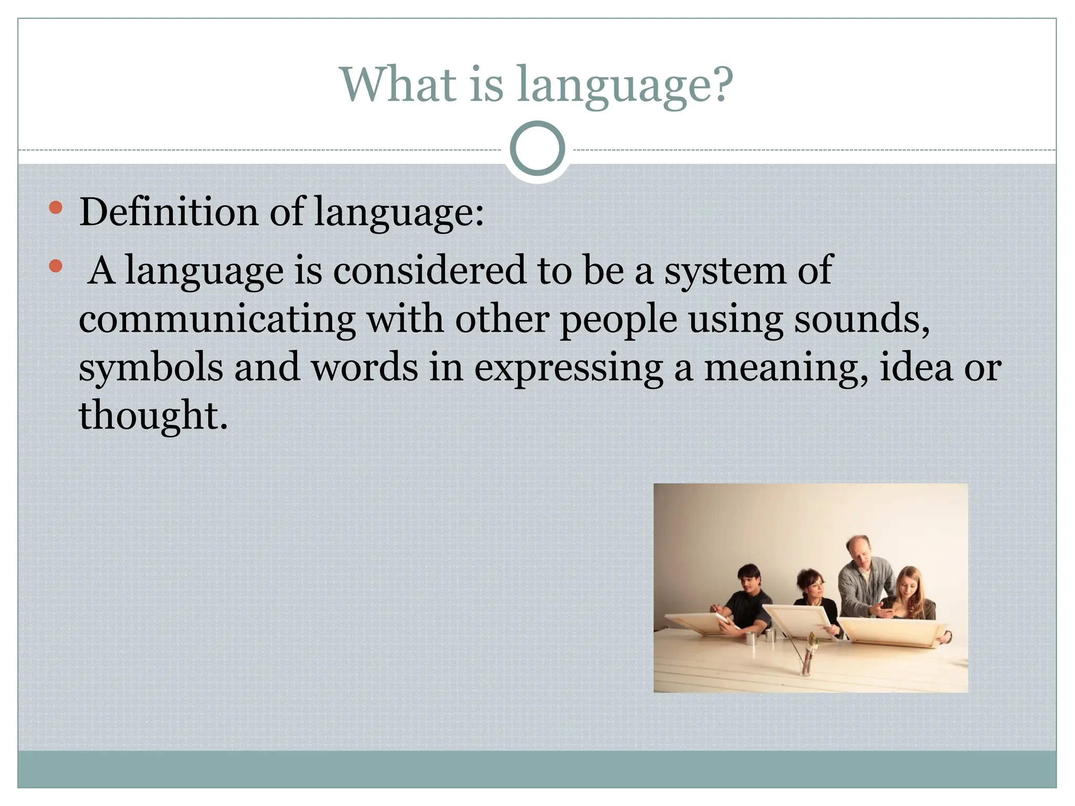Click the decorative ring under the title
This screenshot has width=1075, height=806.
coord(537,149)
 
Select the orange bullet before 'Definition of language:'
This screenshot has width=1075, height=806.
coord(56,208)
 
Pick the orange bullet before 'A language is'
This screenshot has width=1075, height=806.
coord(56,266)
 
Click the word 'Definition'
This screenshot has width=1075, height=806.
coord(168,212)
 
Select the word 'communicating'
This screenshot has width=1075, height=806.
coord(217,319)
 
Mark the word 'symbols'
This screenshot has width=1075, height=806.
coord(151,367)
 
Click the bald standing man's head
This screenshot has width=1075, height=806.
coord(858,549)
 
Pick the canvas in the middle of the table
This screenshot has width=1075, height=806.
coord(798,622)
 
